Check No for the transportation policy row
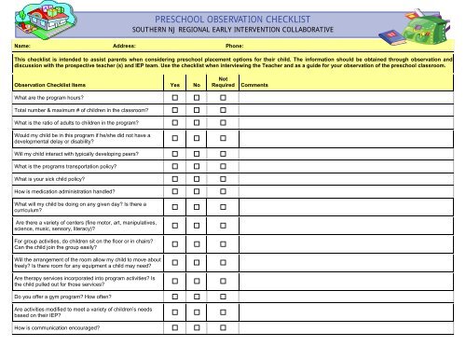(x=196, y=165)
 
